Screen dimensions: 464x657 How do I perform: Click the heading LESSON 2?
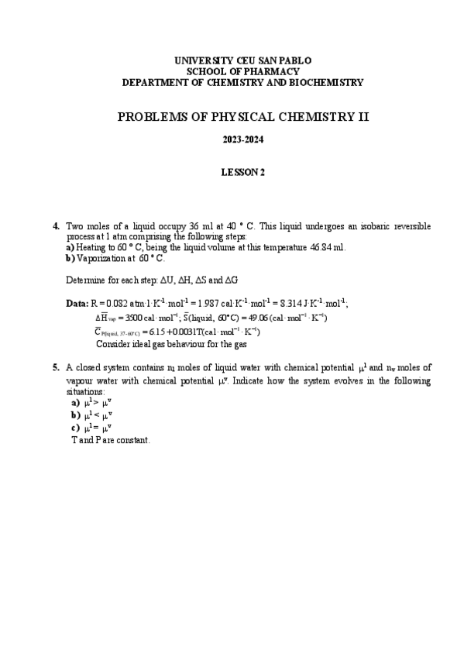[x=243, y=173]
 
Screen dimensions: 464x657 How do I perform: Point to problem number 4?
[x=56, y=226]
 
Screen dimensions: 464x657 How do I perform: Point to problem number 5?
[x=56, y=368]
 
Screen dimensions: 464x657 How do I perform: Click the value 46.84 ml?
[x=326, y=247]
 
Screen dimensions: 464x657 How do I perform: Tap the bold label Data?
[x=77, y=303]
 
